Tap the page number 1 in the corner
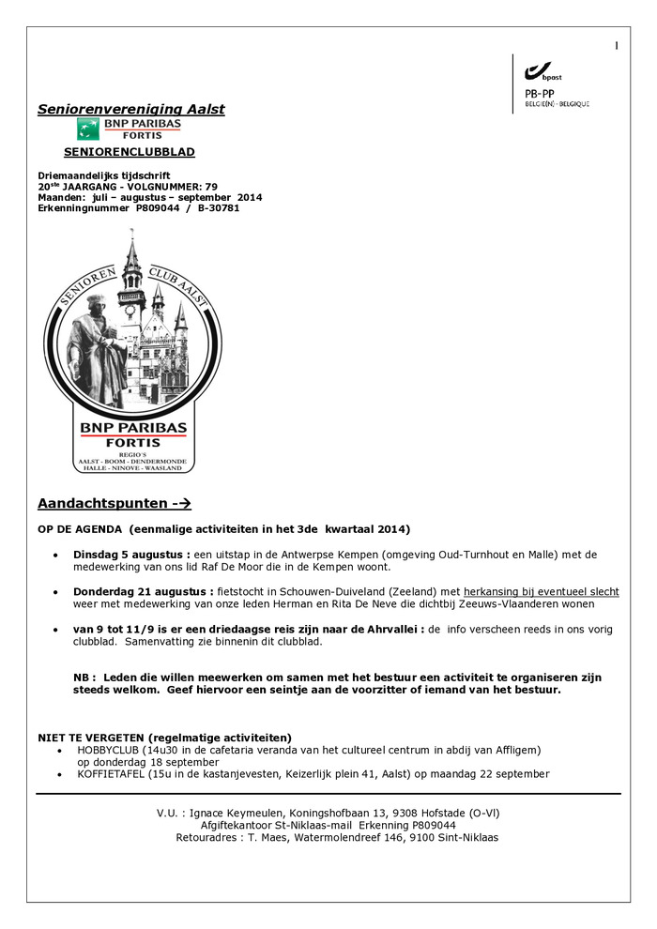(617, 45)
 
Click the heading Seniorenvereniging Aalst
(131, 110)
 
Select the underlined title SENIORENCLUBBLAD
(130, 152)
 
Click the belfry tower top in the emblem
(132, 258)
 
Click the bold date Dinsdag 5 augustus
(131, 555)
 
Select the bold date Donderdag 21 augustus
(141, 592)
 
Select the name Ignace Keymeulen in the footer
(245, 814)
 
